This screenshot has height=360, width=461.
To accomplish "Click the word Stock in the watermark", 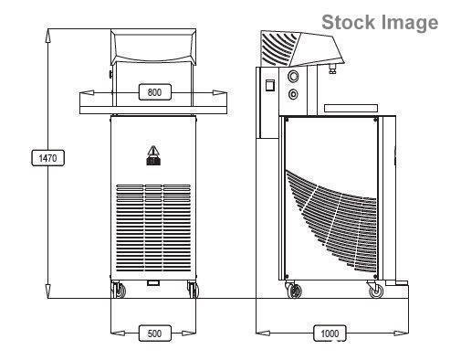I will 349,23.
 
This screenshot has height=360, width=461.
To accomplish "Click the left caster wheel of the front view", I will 118,291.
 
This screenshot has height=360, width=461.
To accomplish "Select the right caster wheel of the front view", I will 192,291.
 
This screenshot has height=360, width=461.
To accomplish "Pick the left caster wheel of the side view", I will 293,291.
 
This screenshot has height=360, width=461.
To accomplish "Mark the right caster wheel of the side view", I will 375,291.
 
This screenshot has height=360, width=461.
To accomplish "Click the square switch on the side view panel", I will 270,86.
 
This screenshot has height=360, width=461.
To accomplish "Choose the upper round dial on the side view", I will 292,78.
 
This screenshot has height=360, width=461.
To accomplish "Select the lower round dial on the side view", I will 292,94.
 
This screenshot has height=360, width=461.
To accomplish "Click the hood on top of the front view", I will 153,48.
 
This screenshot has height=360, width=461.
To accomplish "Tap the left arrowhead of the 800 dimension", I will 84,91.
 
